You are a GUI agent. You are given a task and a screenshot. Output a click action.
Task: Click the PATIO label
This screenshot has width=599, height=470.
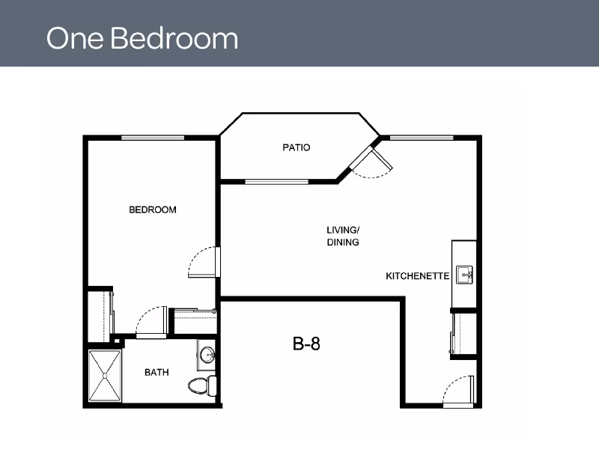(296, 147)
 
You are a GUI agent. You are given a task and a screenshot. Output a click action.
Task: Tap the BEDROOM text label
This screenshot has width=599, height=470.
(153, 210)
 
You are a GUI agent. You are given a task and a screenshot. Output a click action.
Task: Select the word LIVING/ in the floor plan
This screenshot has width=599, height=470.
(343, 230)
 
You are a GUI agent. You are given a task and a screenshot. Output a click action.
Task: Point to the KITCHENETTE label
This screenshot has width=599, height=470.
(417, 276)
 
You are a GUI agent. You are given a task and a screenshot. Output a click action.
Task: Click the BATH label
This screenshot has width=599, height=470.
(156, 372)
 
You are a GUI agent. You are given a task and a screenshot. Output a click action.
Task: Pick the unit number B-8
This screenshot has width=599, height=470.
(306, 344)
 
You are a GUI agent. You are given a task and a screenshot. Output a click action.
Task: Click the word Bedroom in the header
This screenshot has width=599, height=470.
(174, 38)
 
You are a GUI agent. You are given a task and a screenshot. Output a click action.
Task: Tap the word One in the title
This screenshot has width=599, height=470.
(75, 39)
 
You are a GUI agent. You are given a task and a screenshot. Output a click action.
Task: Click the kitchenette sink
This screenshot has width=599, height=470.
(464, 275)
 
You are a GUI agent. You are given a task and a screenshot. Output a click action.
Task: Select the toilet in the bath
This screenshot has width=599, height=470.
(202, 385)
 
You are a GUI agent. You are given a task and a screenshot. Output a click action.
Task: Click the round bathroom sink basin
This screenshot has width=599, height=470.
(208, 354)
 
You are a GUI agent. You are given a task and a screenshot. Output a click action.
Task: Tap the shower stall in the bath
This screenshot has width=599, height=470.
(105, 376)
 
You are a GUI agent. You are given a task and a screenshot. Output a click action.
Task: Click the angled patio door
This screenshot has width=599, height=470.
(371, 162)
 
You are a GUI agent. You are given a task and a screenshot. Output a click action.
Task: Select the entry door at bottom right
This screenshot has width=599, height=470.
(458, 390)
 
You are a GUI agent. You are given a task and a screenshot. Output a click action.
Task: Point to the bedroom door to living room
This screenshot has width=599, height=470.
(204, 262)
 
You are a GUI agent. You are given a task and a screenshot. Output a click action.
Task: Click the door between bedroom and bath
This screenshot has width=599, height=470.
(152, 322)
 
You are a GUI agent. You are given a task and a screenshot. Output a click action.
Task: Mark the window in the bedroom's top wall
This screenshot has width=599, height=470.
(153, 138)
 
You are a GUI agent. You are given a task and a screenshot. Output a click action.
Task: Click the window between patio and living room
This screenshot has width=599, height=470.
(276, 182)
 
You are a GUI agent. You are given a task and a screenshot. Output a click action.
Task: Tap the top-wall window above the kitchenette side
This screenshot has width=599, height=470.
(422, 138)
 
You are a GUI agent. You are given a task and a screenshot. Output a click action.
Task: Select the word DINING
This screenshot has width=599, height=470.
(343, 242)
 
